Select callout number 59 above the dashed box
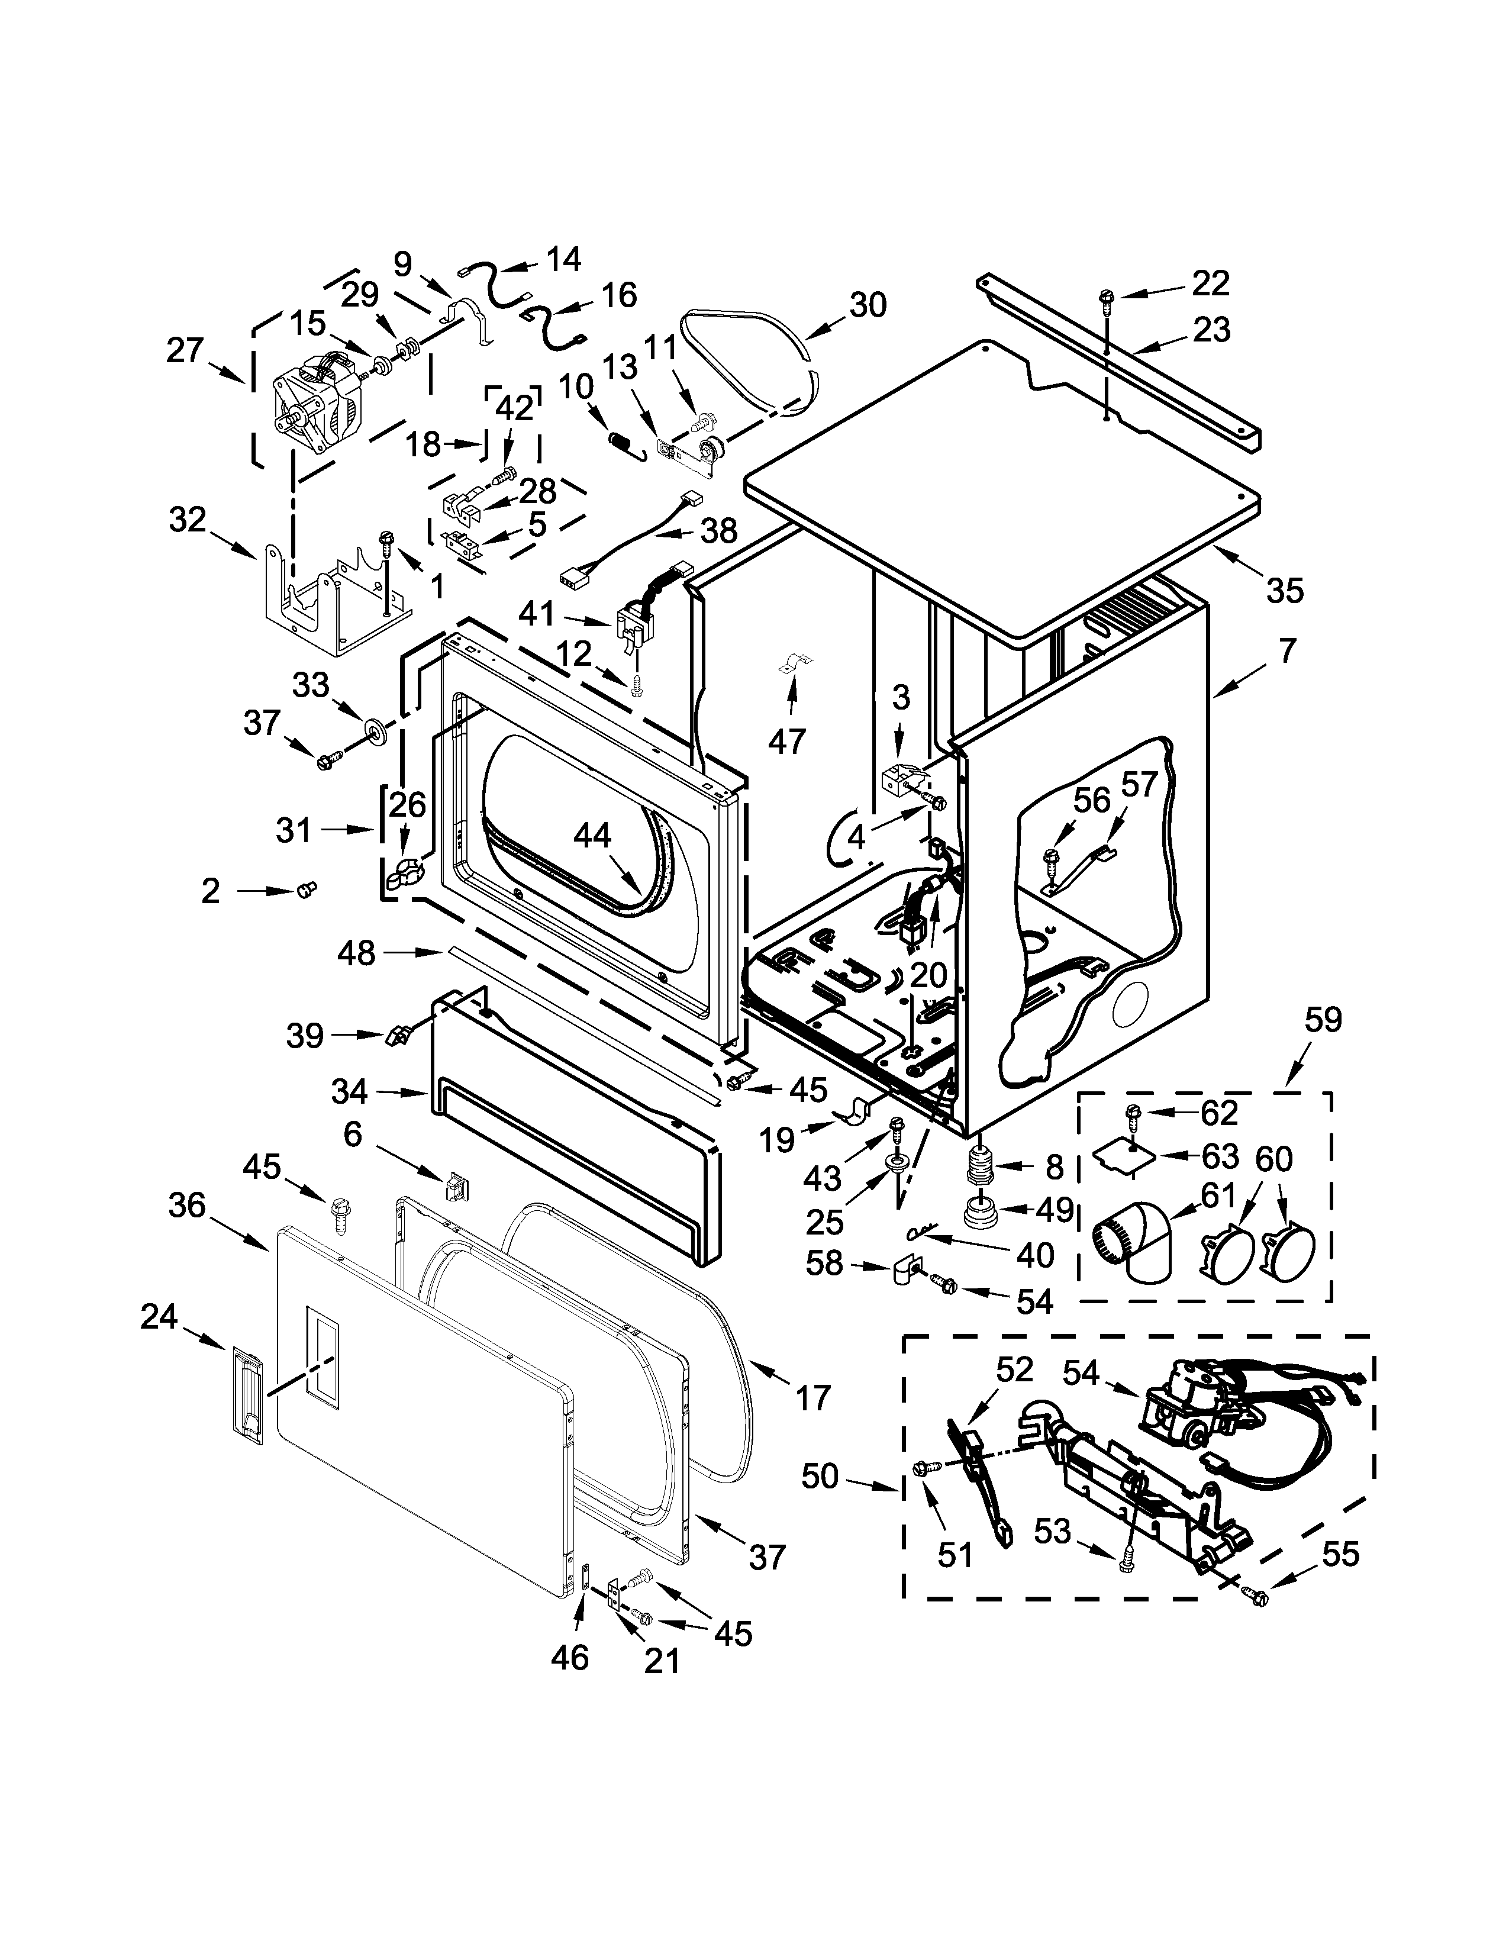click(1323, 1020)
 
